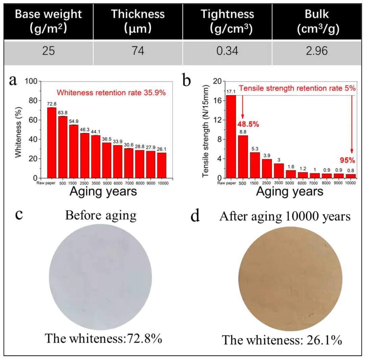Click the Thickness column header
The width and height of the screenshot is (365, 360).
tap(138, 21)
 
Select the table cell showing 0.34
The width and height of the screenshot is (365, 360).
tap(227, 51)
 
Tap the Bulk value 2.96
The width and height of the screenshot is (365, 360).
tap(318, 51)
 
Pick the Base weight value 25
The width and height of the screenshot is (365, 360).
tap(49, 51)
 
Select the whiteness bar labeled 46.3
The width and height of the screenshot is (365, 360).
tap(84, 155)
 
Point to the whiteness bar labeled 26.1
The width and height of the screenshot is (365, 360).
tap(162, 165)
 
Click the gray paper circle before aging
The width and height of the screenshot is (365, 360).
tap(100, 277)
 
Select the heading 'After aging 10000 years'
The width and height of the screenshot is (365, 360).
tap(285, 216)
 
